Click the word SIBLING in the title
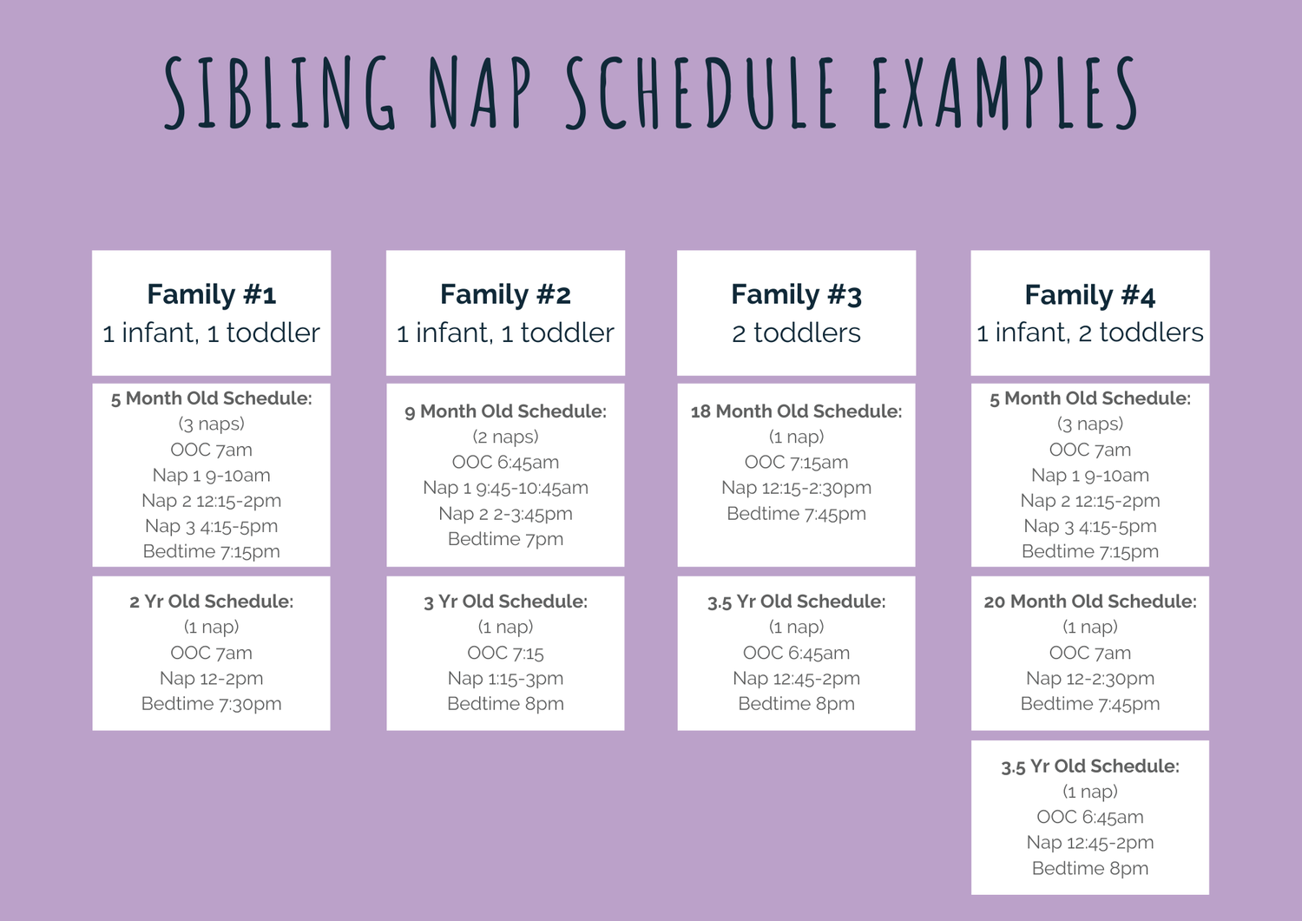coord(279,94)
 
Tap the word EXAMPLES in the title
coord(1004,94)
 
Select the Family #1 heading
coord(211,295)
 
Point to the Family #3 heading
coord(796,295)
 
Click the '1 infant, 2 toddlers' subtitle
coord(1089,332)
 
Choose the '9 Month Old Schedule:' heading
coord(505,411)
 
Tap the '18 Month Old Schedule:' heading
coord(796,411)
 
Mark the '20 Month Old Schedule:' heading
coord(1089,602)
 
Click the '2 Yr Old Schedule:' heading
coord(211,602)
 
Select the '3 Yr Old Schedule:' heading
coord(505,602)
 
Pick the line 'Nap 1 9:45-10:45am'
coord(505,488)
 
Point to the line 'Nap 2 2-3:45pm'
coord(505,514)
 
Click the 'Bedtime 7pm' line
coord(505,539)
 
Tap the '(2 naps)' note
coord(505,437)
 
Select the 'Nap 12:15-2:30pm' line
coord(796,488)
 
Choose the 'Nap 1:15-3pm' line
coord(505,678)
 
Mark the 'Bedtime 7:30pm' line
coord(211,704)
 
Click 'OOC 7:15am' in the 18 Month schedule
coord(796,463)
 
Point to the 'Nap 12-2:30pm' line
coord(1089,678)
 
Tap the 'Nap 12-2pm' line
coord(211,678)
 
